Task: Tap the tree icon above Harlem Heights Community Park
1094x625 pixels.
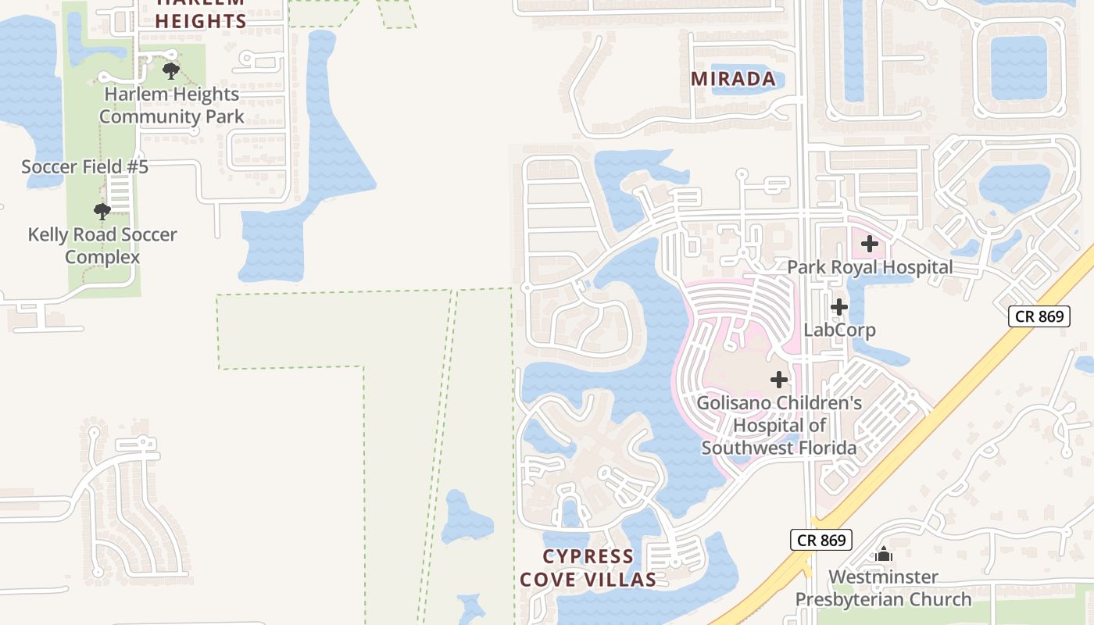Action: click(x=171, y=72)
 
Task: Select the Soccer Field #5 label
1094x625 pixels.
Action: click(x=84, y=166)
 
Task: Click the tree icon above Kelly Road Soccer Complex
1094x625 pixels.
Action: click(x=102, y=211)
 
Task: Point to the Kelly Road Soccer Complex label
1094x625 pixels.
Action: click(x=102, y=245)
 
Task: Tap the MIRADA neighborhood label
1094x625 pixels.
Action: click(x=733, y=79)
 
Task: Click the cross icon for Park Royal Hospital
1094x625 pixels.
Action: click(x=870, y=244)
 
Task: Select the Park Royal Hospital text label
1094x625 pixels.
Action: click(x=870, y=267)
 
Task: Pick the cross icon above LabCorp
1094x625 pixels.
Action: click(x=839, y=307)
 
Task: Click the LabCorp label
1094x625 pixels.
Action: click(x=839, y=330)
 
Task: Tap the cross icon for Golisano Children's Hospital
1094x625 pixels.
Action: click(x=779, y=380)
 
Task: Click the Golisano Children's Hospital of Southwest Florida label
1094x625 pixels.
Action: click(x=779, y=425)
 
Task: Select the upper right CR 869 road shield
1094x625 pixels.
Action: click(x=1038, y=316)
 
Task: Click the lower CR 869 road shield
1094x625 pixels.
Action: click(x=820, y=540)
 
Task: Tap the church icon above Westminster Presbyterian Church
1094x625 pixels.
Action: click(x=884, y=554)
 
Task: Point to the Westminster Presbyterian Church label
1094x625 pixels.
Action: click(x=884, y=588)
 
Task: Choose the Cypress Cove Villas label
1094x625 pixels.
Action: click(x=588, y=568)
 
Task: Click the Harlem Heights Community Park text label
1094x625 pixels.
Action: click(x=171, y=105)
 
